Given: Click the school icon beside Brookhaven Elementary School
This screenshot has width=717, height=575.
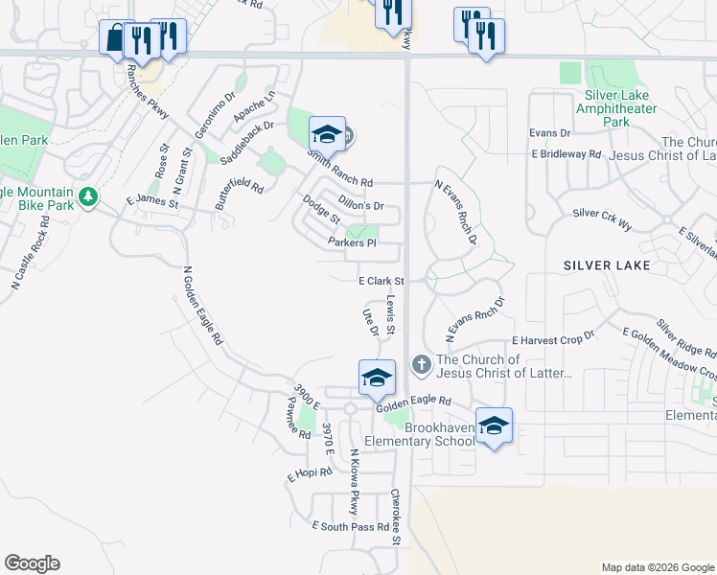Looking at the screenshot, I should [x=494, y=425].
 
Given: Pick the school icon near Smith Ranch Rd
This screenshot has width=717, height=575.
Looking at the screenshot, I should [x=327, y=134].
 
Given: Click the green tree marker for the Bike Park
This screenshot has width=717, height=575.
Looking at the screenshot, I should [x=89, y=196].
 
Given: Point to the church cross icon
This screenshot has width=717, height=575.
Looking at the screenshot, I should [x=420, y=365].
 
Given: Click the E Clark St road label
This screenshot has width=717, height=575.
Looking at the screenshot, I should [x=382, y=281].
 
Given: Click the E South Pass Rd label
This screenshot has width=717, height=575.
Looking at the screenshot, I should [x=351, y=526].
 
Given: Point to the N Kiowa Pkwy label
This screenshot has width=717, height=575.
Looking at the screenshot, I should [x=354, y=482].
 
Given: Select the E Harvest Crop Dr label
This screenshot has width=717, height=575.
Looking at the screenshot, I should [x=553, y=340].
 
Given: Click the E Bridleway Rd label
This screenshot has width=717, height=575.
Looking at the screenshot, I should [x=565, y=153].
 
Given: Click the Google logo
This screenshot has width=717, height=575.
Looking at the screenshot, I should [x=32, y=563].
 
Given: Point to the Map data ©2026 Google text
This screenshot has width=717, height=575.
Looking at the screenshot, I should [x=657, y=567].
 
